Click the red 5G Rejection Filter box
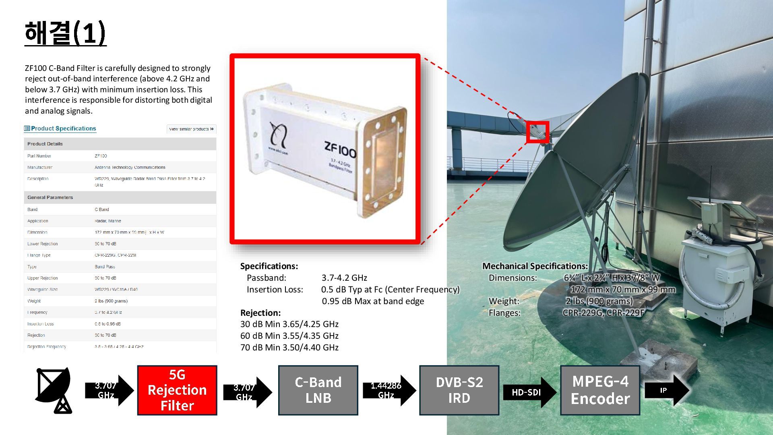177,390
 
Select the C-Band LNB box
318,390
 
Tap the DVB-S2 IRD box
459,390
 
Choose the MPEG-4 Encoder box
600,390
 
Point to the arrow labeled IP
666,390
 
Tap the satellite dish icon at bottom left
54,390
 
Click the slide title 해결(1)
65,33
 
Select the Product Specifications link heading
63,128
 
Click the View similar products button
191,129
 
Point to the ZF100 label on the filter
340,151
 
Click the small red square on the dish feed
537,132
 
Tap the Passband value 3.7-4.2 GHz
344,278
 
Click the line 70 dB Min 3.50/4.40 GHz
289,347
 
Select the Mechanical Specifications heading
535,266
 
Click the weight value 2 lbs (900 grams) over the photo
599,301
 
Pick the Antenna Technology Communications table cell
130,167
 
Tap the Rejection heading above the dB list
260,313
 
